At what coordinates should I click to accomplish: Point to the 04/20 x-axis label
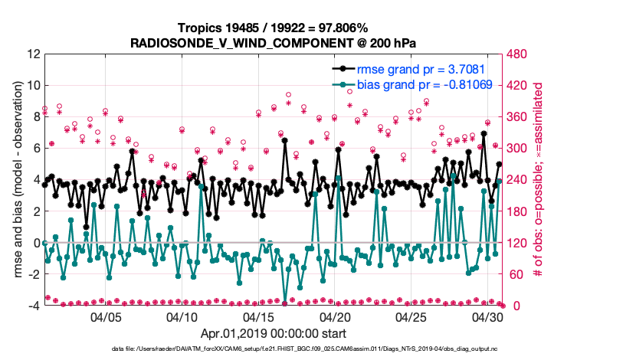(x=335, y=316)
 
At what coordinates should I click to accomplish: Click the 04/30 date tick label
(x=487, y=316)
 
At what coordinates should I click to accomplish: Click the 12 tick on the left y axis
(x=34, y=54)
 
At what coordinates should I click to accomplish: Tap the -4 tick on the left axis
(x=34, y=306)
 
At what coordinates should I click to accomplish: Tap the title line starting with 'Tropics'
(x=273, y=28)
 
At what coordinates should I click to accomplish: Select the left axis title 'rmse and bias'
(x=15, y=180)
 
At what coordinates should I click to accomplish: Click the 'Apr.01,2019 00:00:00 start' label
(x=273, y=334)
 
